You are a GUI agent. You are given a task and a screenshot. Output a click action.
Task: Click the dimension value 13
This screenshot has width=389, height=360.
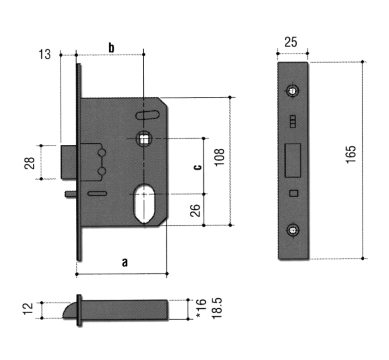pyautogui.click(x=45, y=54)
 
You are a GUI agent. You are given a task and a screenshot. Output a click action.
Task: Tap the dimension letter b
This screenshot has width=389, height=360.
pyautogui.click(x=111, y=47)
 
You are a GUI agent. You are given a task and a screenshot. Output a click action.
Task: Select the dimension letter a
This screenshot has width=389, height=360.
pyautogui.click(x=124, y=262)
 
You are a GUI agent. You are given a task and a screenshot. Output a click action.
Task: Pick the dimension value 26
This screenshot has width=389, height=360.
pyautogui.click(x=195, y=210)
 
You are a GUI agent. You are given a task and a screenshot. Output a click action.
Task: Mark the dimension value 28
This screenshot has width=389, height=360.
pyautogui.click(x=30, y=163)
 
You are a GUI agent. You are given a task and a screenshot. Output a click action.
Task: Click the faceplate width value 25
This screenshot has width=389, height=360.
pyautogui.click(x=291, y=43)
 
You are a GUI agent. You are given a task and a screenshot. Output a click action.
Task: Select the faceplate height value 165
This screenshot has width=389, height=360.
pyautogui.click(x=351, y=154)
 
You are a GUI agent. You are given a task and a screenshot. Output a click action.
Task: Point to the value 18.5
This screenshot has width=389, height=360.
pyautogui.click(x=217, y=309)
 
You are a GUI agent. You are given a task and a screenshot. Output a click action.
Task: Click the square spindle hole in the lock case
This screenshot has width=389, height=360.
pyautogui.click(x=144, y=138)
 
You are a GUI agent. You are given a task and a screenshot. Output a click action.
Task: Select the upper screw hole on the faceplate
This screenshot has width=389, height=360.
pyautogui.click(x=292, y=91)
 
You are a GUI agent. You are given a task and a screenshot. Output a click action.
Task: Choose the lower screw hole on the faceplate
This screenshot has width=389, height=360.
pyautogui.click(x=292, y=230)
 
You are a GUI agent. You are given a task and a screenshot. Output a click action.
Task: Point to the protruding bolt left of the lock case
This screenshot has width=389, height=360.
pyautogui.click(x=68, y=162)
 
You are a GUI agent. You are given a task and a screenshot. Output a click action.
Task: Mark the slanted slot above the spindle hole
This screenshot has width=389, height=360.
pyautogui.click(x=147, y=115)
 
